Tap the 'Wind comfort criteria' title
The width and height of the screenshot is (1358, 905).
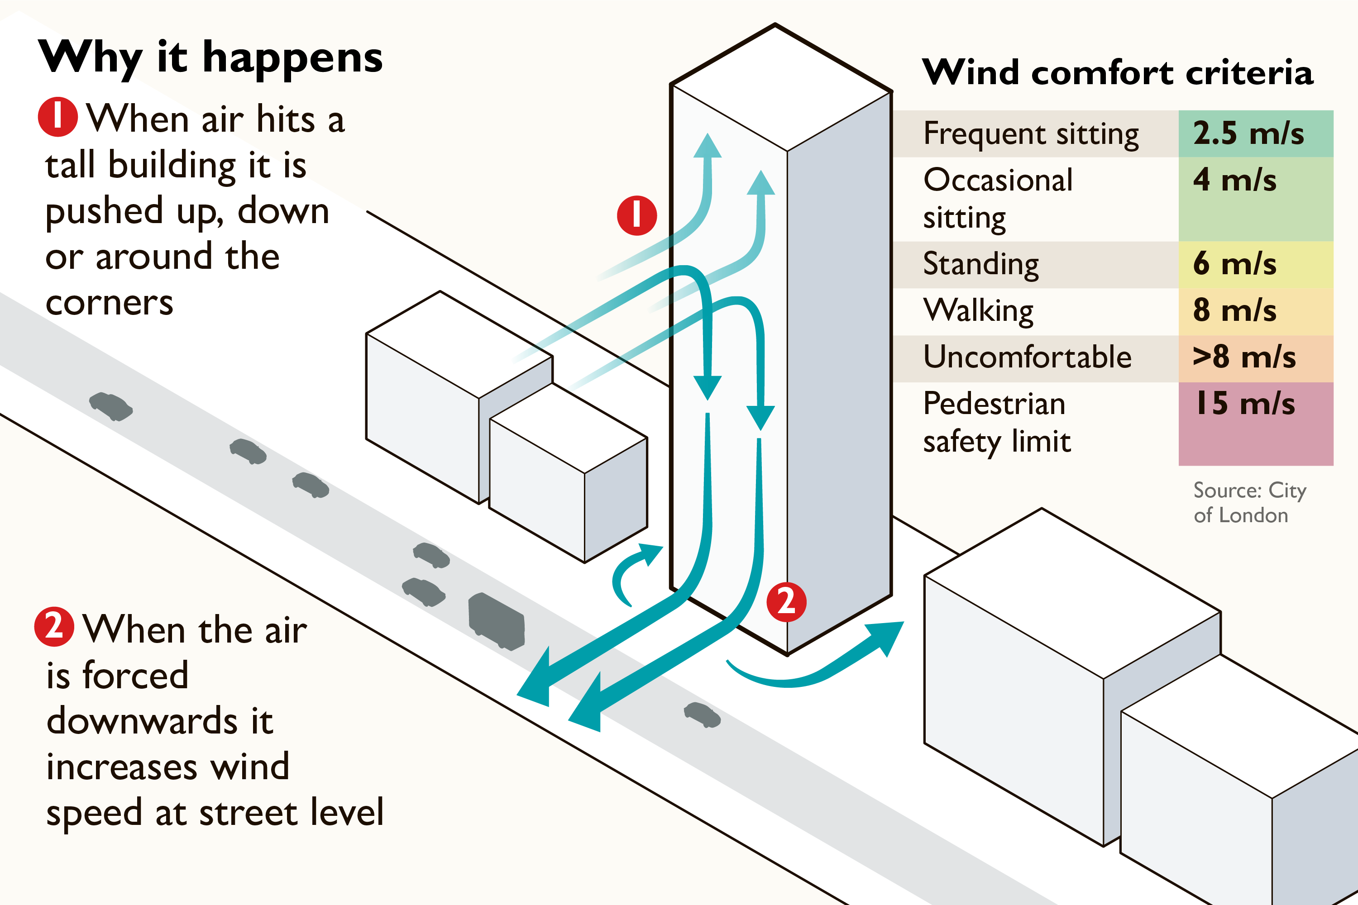click(1117, 73)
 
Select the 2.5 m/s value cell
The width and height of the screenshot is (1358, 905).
click(1255, 133)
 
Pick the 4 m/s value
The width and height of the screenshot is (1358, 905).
click(1234, 180)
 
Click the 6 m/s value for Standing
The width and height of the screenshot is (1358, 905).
click(1234, 264)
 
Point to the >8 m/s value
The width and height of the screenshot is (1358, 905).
click(1244, 357)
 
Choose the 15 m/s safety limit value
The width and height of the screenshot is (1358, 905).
click(1245, 404)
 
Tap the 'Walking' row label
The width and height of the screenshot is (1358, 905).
click(979, 311)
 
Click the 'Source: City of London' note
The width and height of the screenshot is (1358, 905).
click(1249, 502)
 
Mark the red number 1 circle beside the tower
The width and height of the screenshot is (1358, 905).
click(637, 215)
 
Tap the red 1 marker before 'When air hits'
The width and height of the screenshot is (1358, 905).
click(58, 117)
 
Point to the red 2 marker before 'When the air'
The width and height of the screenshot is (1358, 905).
click(54, 626)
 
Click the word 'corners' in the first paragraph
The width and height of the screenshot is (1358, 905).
click(109, 303)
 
